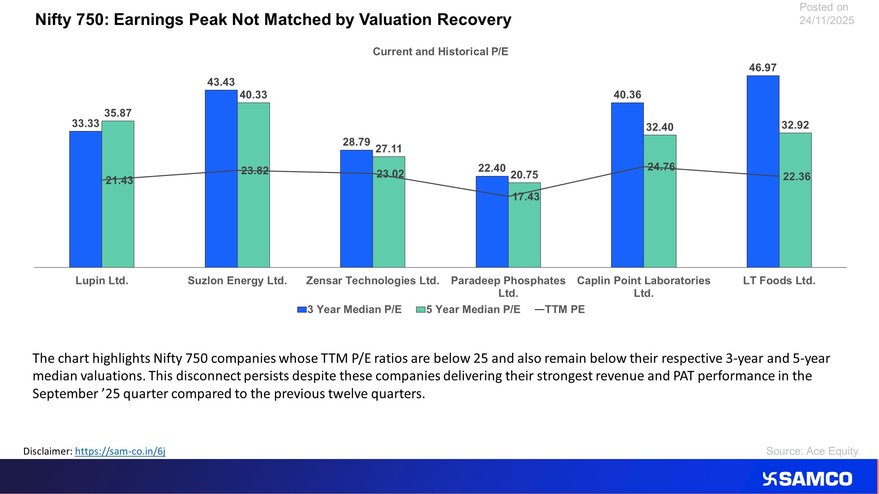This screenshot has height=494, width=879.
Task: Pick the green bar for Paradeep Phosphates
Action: [524, 233]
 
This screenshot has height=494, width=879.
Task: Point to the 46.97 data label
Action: [763, 68]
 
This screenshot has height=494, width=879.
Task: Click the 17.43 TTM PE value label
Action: [526, 197]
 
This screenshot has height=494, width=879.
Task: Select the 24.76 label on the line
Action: [661, 167]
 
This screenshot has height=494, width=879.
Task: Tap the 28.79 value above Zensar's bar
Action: [356, 142]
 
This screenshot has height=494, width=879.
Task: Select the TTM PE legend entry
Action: [560, 309]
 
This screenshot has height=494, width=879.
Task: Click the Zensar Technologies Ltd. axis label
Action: [373, 281]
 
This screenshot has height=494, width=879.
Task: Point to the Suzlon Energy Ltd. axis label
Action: [237, 281]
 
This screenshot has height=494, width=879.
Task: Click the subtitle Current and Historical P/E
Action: [440, 51]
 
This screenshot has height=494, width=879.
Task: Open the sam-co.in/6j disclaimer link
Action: [120, 451]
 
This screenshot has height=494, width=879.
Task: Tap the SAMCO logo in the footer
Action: [807, 479]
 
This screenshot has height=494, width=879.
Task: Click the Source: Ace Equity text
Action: [812, 451]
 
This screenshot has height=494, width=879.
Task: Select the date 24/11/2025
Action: [826, 21]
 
